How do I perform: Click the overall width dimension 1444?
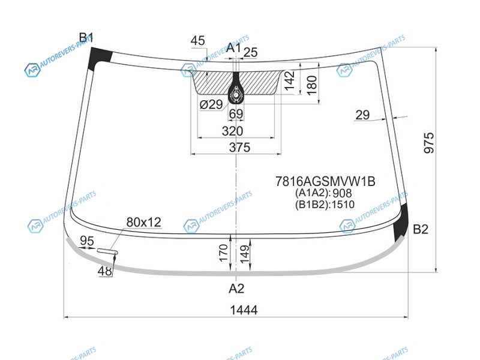[x=244, y=310]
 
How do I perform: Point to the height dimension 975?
[x=429, y=143]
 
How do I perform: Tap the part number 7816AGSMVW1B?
[x=325, y=182]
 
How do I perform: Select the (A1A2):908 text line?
[x=323, y=193]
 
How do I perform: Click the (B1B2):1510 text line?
[x=325, y=204]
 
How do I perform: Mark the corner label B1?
[x=85, y=38]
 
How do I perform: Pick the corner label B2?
[x=421, y=229]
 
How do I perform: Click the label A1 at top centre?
[x=233, y=47]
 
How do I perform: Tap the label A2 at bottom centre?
[x=236, y=289]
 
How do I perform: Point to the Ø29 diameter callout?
[x=211, y=104]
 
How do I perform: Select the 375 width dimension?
[x=239, y=148]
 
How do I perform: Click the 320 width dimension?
[x=232, y=131]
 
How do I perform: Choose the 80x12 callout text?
[x=143, y=222]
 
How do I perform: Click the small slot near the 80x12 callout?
[x=107, y=251]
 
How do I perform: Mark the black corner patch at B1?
[x=100, y=59]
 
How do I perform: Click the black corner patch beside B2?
[x=401, y=223]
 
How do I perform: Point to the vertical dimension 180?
[x=311, y=85]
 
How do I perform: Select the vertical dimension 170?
[x=224, y=253]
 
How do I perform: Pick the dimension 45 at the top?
[x=197, y=41]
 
